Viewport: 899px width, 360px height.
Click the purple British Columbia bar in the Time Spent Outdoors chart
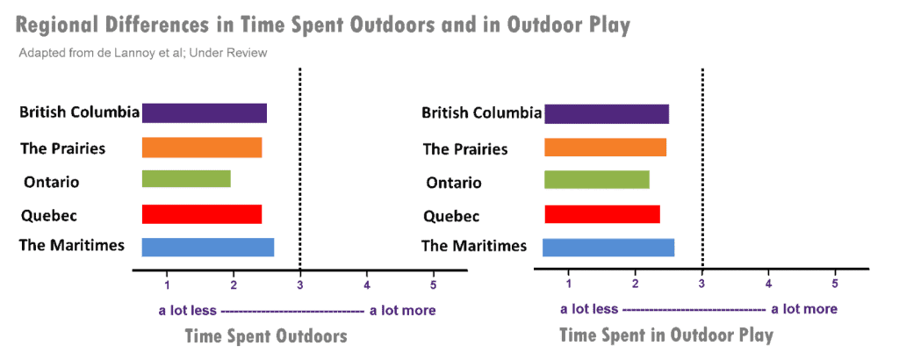tap(204, 113)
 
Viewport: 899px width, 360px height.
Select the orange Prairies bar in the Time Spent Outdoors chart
tap(201, 148)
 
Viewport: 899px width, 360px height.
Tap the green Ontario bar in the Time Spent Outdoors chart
tap(185, 179)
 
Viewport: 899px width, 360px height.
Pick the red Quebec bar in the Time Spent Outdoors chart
tap(201, 214)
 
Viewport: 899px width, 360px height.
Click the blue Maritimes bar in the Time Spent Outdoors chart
tap(207, 248)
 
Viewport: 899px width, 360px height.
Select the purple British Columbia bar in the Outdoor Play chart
tap(607, 114)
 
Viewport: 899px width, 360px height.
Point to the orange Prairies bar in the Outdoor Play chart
tap(605, 148)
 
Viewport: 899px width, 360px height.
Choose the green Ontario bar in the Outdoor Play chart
tap(597, 180)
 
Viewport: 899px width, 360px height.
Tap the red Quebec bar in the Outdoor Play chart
tap(601, 214)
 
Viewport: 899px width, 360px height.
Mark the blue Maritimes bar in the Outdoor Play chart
tap(608, 248)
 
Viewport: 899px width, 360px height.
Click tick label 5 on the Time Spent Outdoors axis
tap(434, 284)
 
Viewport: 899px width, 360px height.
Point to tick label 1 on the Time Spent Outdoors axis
tap(167, 284)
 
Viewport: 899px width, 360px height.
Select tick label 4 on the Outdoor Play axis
tap(768, 284)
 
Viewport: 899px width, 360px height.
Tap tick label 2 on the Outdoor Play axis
tap(636, 284)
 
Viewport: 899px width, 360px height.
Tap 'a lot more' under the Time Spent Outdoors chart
tap(402, 310)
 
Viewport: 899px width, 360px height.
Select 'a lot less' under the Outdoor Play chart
tap(589, 309)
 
